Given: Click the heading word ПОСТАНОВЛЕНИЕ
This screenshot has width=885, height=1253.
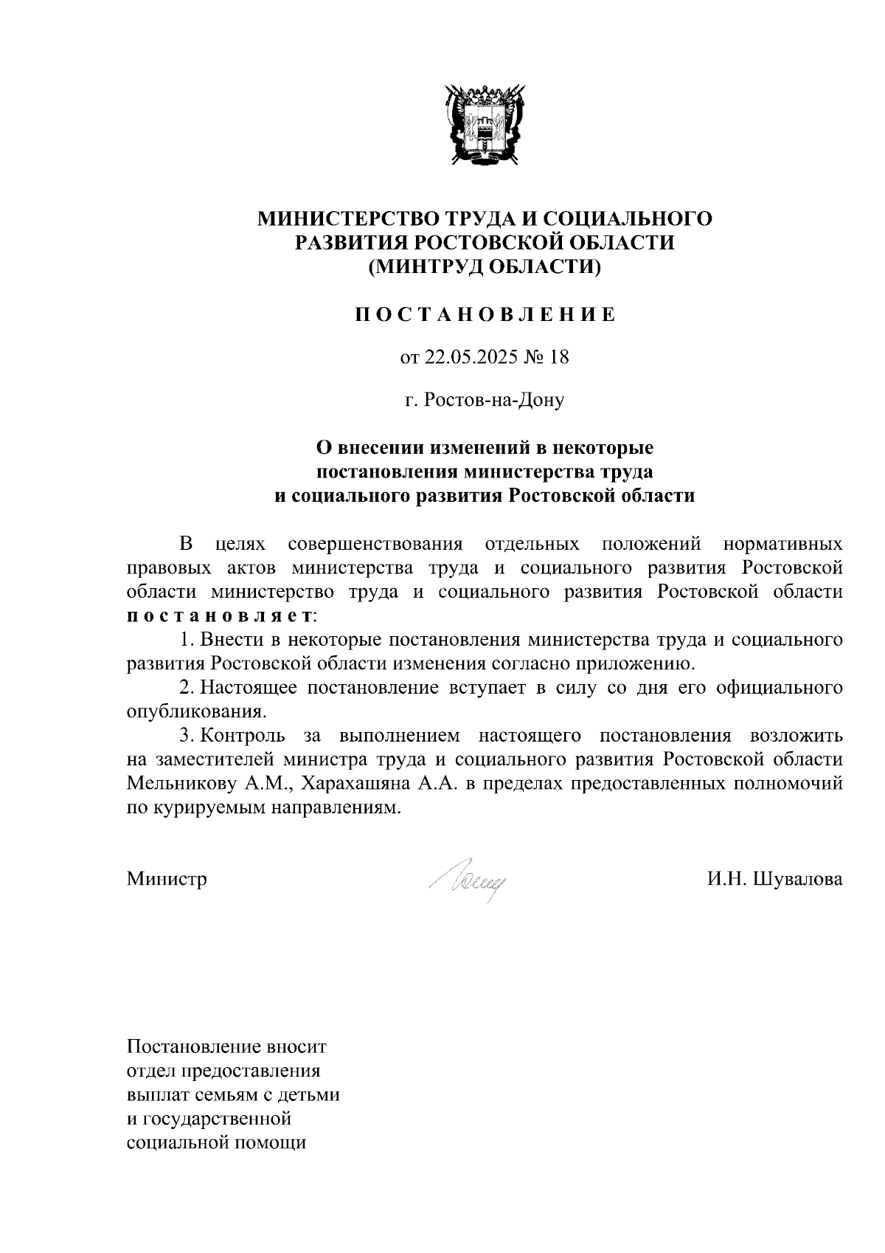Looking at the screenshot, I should (485, 315).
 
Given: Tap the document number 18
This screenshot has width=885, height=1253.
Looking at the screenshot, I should (559, 358).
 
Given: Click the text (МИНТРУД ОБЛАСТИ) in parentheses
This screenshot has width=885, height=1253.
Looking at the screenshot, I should (485, 266).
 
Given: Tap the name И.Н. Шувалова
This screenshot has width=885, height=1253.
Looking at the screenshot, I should (774, 879).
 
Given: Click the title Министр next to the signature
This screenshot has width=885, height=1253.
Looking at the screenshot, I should (167, 879).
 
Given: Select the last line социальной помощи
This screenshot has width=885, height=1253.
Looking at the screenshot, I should (216, 1143).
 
